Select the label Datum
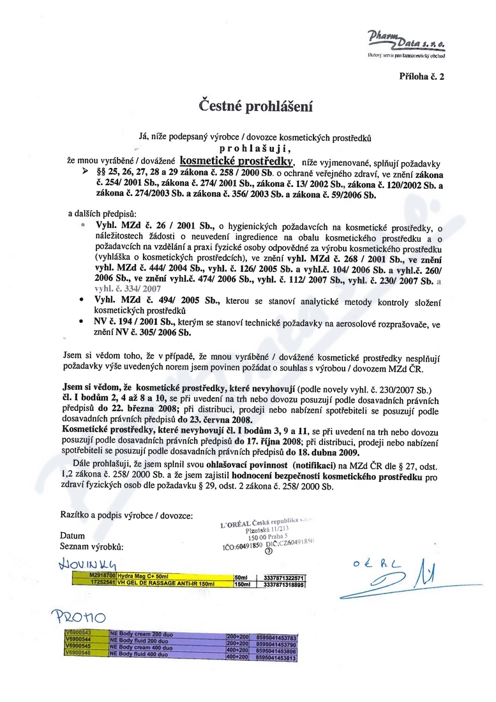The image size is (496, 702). pos(72,535)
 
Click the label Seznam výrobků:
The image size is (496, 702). pos(91,547)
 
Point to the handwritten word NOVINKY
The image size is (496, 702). pos(87,564)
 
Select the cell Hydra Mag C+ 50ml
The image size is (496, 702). pos(144,576)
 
